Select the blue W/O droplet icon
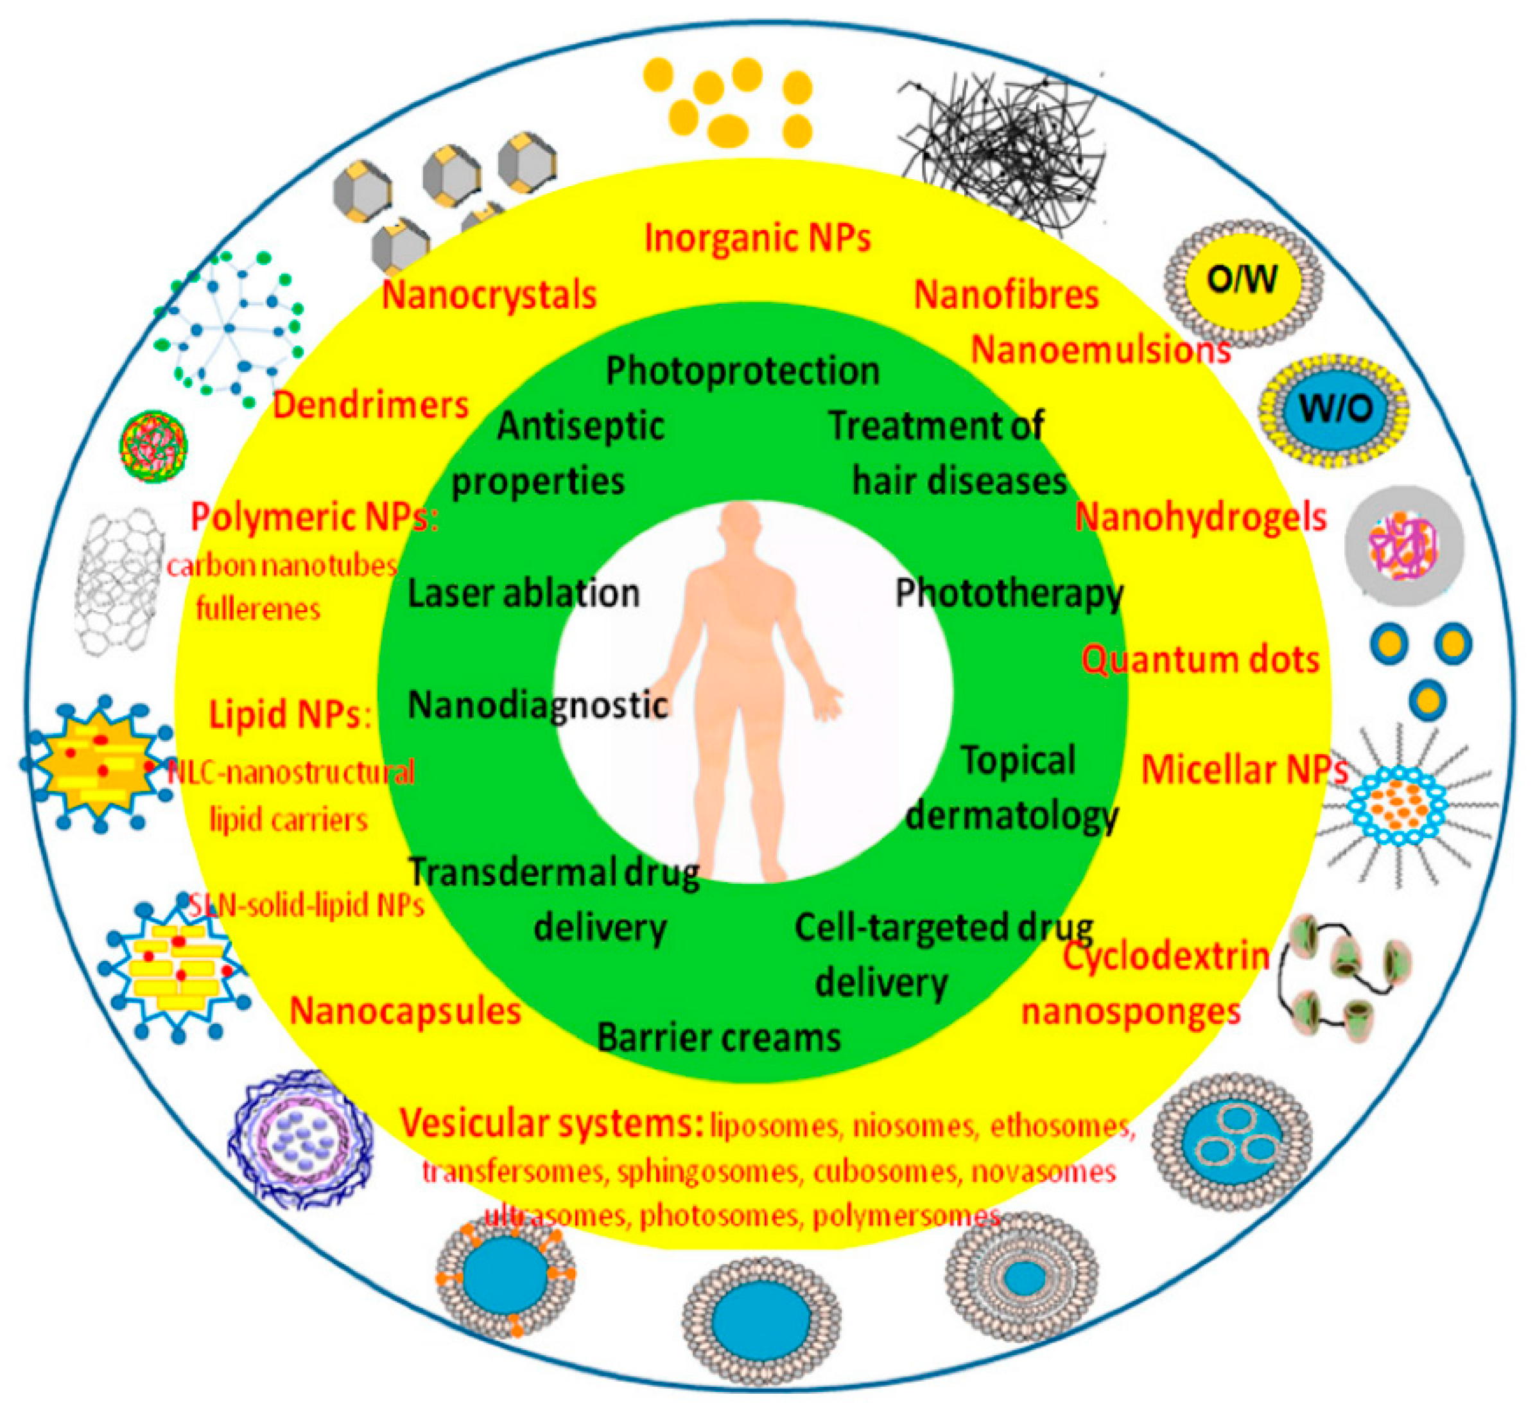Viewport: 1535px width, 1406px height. (1334, 410)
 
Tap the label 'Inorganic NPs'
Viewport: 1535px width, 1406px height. (757, 238)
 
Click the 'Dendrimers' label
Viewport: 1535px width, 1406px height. (371, 405)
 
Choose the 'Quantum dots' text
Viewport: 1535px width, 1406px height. (1200, 660)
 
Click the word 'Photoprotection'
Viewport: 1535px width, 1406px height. (742, 371)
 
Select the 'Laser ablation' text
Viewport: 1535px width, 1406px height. (523, 594)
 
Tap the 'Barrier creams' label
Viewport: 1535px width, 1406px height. (719, 1037)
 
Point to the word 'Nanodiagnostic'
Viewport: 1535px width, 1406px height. (537, 705)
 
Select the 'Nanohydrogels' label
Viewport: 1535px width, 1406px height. (1200, 518)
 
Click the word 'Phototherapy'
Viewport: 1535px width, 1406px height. (1008, 594)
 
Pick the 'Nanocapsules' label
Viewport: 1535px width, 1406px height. (405, 1012)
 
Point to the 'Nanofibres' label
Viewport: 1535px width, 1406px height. (1006, 295)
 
